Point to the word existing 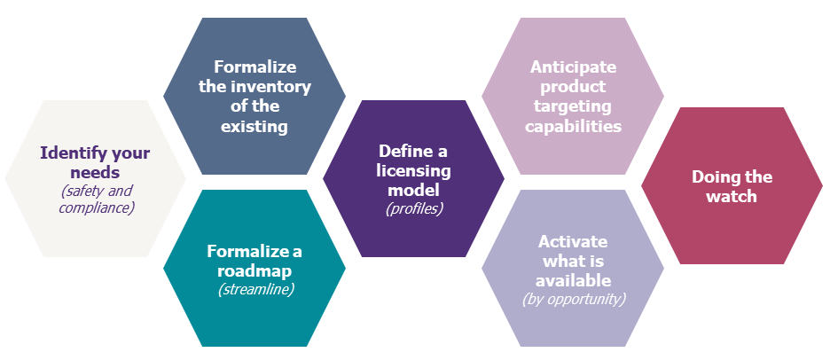click(255, 127)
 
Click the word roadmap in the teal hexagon click(255, 270)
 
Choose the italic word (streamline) click(255, 290)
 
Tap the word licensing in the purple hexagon click(413, 171)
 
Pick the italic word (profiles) click(414, 208)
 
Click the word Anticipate click(573, 67)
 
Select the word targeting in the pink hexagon click(573, 106)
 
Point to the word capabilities click(573, 127)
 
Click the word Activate click(573, 241)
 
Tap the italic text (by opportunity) click(574, 299)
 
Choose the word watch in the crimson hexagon click(732, 196)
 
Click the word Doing click(713, 177)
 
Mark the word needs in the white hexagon click(95, 173)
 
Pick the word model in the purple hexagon click(413, 190)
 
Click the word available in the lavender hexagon click(573, 280)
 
